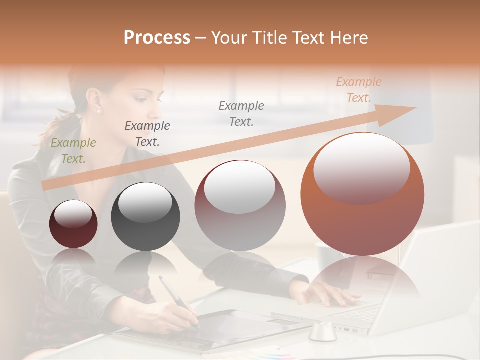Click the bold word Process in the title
[x=157, y=38]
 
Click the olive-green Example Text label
[x=73, y=151]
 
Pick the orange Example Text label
[x=358, y=90]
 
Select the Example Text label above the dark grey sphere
[x=147, y=133]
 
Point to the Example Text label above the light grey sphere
[x=241, y=113]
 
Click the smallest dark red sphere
[x=73, y=224]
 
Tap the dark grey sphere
[x=145, y=216]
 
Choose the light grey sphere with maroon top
[x=240, y=205]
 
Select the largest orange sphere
[x=362, y=194]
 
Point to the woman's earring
[x=98, y=111]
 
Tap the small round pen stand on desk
[x=322, y=332]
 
